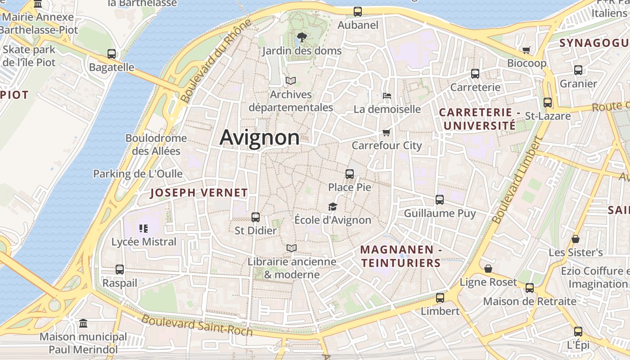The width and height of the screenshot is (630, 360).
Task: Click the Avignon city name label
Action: pos(260,137)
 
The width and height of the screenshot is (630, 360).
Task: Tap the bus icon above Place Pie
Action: pos(350,174)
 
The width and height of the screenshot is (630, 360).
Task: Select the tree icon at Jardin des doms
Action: pos(302,37)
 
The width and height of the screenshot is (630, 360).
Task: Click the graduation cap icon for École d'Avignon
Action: pos(333,207)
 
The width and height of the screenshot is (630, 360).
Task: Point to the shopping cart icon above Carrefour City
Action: pos(386,132)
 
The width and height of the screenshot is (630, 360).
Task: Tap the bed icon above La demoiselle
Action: pos(387,96)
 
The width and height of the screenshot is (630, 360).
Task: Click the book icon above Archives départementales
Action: pos(291,81)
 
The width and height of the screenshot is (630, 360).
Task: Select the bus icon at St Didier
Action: pos(256,217)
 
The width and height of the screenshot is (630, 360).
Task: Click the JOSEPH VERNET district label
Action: pos(199,193)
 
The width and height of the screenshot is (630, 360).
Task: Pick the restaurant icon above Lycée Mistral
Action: pos(144,229)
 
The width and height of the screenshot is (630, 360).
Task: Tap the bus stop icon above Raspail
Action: pos(119,270)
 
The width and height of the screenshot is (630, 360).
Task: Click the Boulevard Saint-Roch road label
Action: pos(197,325)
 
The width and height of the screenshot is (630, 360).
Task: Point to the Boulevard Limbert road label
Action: pos(517,180)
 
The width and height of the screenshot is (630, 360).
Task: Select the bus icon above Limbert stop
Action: pos(440,298)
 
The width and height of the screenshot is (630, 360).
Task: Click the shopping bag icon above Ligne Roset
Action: pos(488,269)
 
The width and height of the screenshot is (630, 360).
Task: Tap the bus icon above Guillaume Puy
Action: pos(440,200)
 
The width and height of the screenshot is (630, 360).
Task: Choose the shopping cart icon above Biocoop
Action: pos(526,50)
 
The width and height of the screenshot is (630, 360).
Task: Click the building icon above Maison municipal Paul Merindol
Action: pos(83,324)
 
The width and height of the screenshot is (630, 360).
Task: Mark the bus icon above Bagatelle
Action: pos(112,54)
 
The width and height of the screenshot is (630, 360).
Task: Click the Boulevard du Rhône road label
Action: pos(215,61)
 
